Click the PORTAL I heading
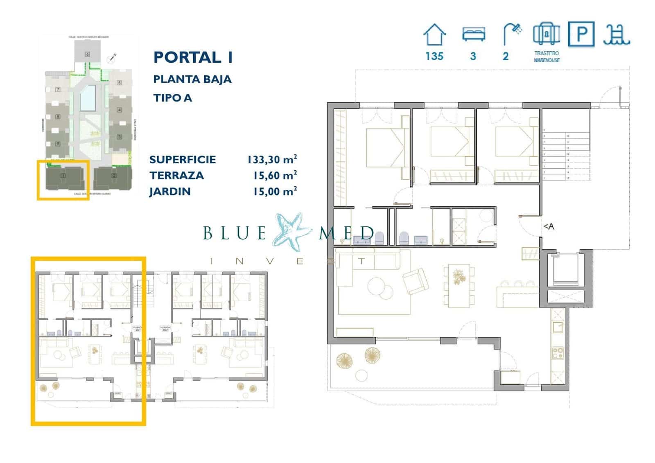(x=193, y=57)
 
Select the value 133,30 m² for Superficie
(x=272, y=159)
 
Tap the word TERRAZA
(x=176, y=176)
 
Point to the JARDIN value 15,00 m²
(x=275, y=191)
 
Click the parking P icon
(x=581, y=34)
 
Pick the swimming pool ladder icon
(x=616, y=34)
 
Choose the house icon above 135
(x=434, y=35)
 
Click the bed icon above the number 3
(x=473, y=34)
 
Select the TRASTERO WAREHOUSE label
(x=547, y=56)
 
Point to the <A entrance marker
(x=549, y=226)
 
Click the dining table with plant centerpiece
(x=458, y=286)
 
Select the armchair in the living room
(x=416, y=281)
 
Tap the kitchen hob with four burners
(x=558, y=353)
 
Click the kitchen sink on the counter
(x=558, y=327)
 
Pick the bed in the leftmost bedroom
(x=386, y=147)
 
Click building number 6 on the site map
(x=87, y=54)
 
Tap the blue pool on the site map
(x=88, y=99)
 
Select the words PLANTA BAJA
(x=192, y=79)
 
